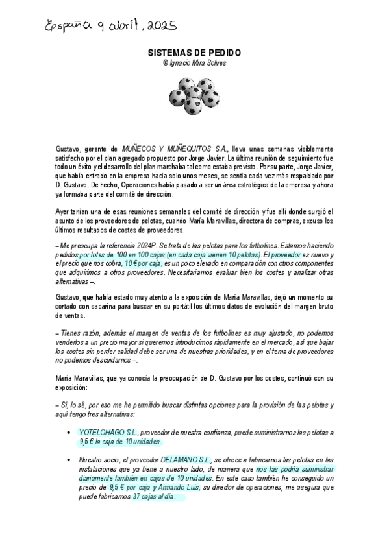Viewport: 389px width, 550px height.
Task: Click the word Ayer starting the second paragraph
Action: [63, 212]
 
